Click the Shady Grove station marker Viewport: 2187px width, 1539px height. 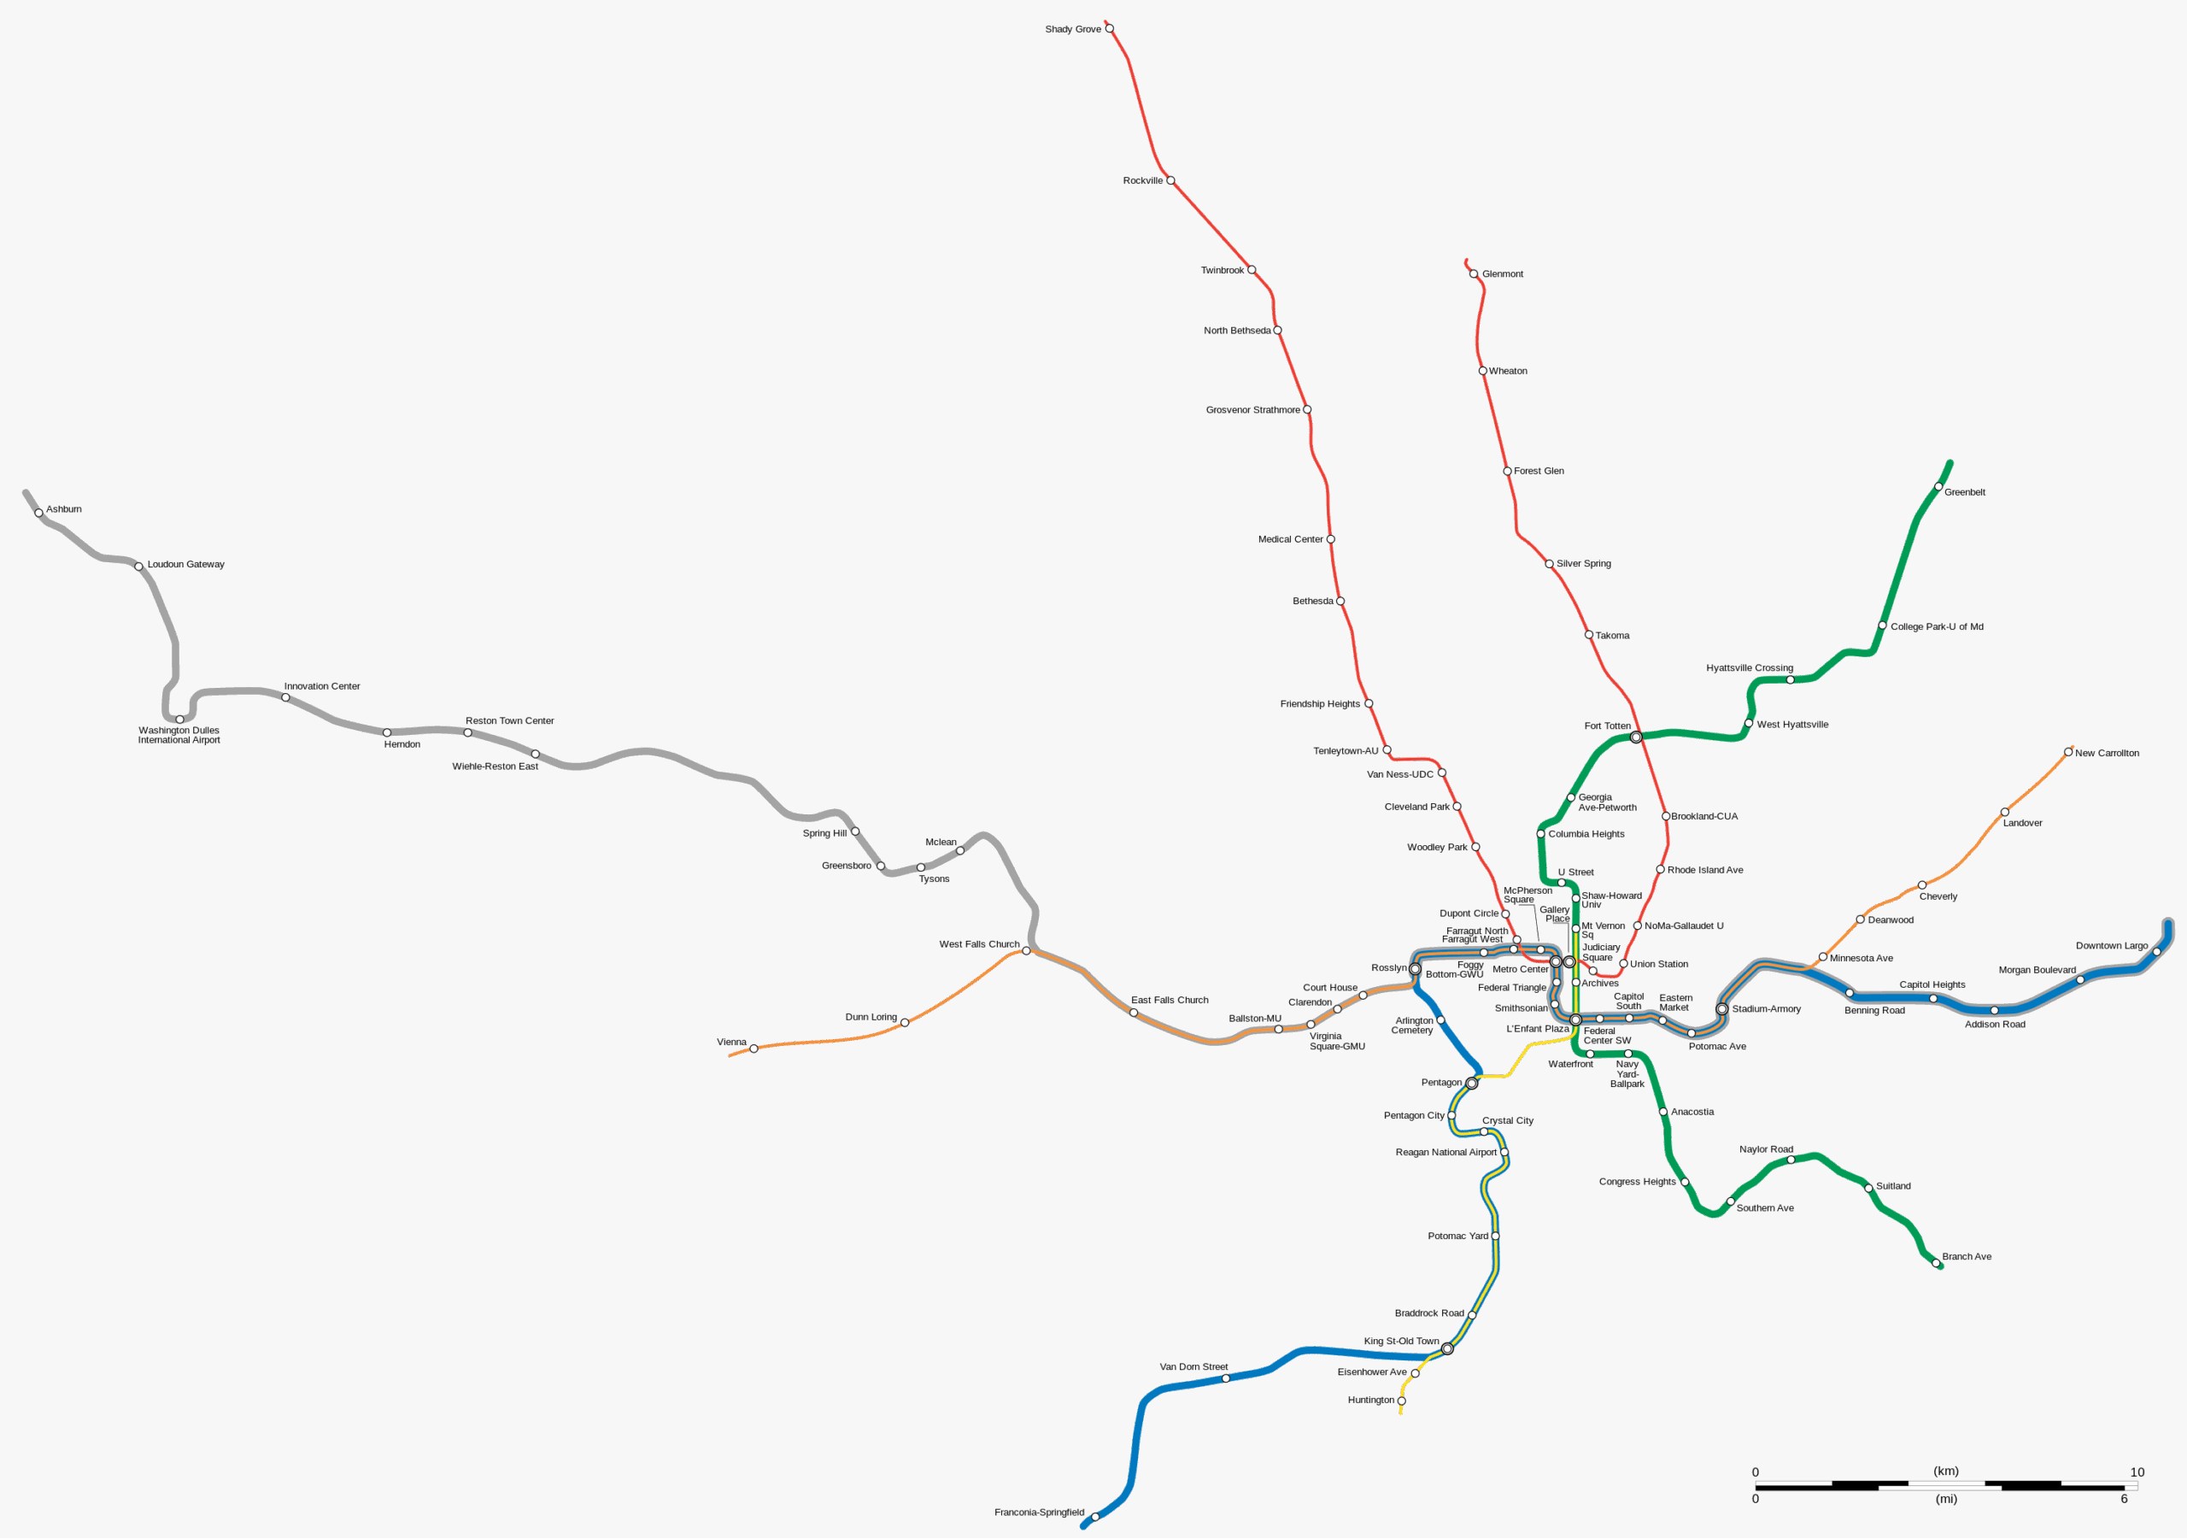click(1109, 28)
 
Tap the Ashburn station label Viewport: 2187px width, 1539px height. click(64, 509)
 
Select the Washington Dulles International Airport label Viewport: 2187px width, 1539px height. click(179, 735)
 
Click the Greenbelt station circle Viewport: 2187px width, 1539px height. click(1938, 486)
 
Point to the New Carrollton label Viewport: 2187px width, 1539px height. click(2107, 753)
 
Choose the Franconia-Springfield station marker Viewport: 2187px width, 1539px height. click(1094, 1516)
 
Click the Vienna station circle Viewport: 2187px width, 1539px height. click(753, 1049)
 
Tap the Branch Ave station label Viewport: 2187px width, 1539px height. click(1966, 1256)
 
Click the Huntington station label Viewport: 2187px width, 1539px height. click(1370, 1399)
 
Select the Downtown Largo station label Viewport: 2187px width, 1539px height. click(2112, 945)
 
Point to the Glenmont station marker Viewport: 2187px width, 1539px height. click(1474, 273)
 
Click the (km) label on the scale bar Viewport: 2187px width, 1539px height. click(1946, 1471)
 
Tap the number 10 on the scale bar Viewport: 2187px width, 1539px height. click(2137, 1471)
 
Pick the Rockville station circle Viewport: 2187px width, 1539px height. click(1170, 180)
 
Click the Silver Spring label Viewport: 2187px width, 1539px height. click(1583, 563)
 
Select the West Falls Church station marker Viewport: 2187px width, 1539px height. click(1026, 950)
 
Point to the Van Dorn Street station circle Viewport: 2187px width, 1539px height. click(1225, 1378)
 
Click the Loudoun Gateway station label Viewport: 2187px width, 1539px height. click(185, 564)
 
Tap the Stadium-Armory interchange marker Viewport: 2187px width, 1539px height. click(1721, 1008)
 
